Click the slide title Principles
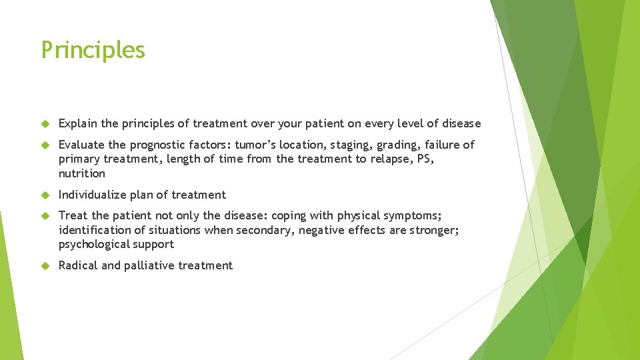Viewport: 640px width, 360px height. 93,50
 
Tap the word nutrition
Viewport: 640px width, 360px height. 82,173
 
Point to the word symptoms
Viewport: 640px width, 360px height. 413,215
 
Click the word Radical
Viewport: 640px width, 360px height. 79,265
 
